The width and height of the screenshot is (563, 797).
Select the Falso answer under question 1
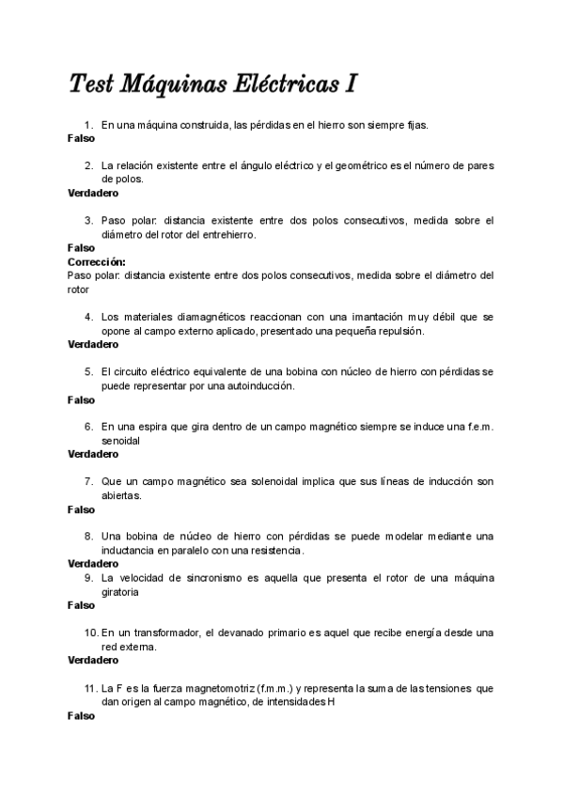tap(81, 138)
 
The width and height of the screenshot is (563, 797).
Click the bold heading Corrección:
tap(97, 261)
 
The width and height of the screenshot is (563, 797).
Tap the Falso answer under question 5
tap(81, 399)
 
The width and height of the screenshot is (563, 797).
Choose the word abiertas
tap(121, 494)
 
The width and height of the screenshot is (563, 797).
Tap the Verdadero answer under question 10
tap(93, 661)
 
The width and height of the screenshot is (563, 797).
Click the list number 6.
tap(88, 426)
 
